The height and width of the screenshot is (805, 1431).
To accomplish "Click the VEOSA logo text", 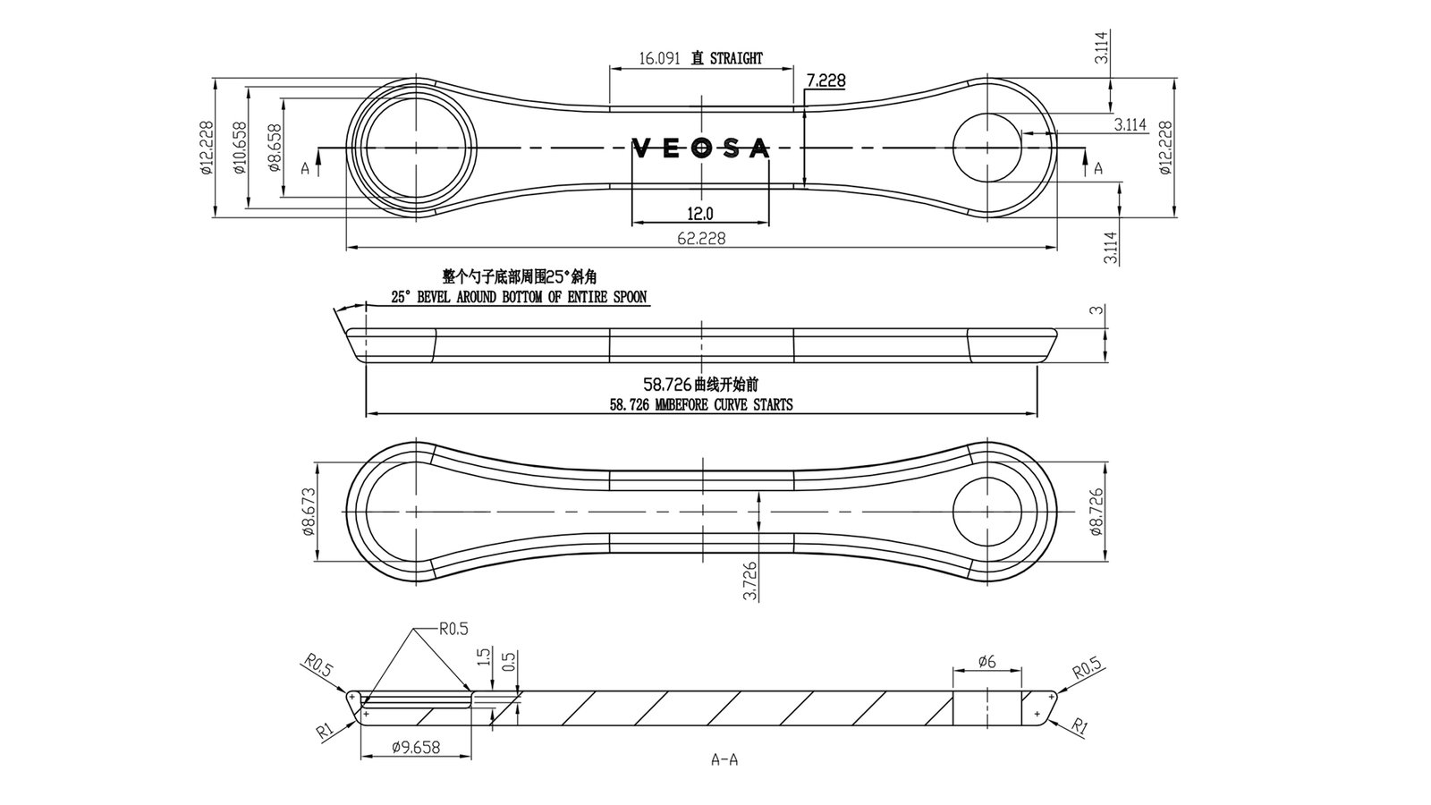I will [x=700, y=148].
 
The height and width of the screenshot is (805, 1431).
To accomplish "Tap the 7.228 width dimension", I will [x=826, y=81].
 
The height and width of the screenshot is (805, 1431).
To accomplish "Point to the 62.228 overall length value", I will [x=701, y=238].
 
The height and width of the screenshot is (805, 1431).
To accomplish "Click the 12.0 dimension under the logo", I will [x=700, y=214].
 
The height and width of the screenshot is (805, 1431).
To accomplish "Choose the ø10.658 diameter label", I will [x=239, y=148].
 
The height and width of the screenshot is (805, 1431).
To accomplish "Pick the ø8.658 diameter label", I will [x=274, y=148].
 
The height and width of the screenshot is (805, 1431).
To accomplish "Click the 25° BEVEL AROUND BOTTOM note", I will [x=519, y=297].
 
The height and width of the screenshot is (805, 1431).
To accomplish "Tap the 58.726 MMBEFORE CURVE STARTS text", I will [x=701, y=404].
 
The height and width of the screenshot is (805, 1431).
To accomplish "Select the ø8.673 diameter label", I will [x=309, y=512].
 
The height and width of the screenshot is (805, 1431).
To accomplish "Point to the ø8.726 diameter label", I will [x=1095, y=512].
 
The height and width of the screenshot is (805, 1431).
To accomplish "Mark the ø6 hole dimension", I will [x=986, y=662].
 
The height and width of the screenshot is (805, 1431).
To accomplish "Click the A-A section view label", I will [x=724, y=760].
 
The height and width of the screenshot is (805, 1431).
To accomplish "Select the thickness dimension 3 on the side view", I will [x=1094, y=310].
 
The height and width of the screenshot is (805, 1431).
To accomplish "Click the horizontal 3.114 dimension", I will [x=1130, y=125].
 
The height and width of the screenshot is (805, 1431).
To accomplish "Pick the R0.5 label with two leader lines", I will [x=453, y=628].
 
